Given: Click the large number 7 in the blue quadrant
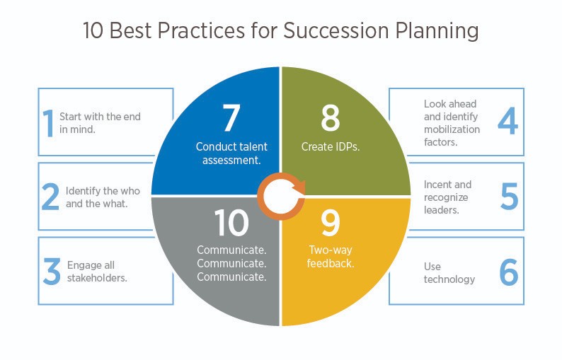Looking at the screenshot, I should [231, 118].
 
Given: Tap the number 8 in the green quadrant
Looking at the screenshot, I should [330, 118].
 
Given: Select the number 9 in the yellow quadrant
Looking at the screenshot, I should [330, 223].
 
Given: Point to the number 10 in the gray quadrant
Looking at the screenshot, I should [231, 223].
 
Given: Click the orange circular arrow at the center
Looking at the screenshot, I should [281, 196].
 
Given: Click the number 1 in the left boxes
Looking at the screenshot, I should [49, 122].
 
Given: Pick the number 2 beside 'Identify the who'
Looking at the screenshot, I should [50, 197].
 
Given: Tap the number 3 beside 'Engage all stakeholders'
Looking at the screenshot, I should [51, 272].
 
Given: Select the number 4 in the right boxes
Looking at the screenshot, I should [507, 121].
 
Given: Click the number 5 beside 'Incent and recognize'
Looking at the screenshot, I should [509, 197].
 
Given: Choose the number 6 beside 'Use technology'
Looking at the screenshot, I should [508, 272].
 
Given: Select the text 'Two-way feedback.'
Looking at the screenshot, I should [331, 257].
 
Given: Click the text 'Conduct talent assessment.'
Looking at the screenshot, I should [231, 153].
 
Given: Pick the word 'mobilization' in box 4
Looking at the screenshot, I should [452, 129].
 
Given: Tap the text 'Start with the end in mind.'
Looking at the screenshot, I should [105, 122].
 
